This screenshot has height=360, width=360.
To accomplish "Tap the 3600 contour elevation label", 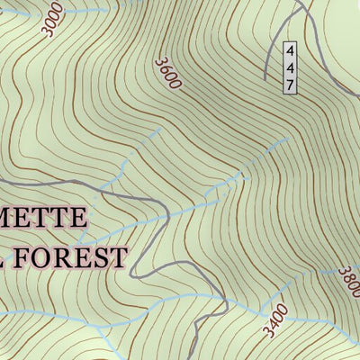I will coord(167,74).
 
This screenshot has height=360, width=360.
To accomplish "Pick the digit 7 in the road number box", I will coord(290,85).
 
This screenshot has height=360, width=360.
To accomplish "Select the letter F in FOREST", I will coord(22,257).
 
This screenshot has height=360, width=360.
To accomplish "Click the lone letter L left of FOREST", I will coord(3,257).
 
